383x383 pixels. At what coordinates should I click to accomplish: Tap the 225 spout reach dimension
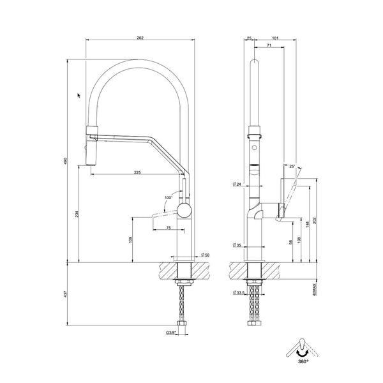[x=138, y=170]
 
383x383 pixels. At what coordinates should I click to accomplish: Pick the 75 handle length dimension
[x=167, y=228]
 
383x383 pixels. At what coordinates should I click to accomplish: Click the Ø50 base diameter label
[x=204, y=254]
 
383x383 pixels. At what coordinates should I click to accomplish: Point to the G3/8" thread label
[x=170, y=333]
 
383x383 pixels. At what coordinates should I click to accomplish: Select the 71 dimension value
[x=269, y=47]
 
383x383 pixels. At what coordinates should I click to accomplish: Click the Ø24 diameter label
[x=237, y=185]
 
